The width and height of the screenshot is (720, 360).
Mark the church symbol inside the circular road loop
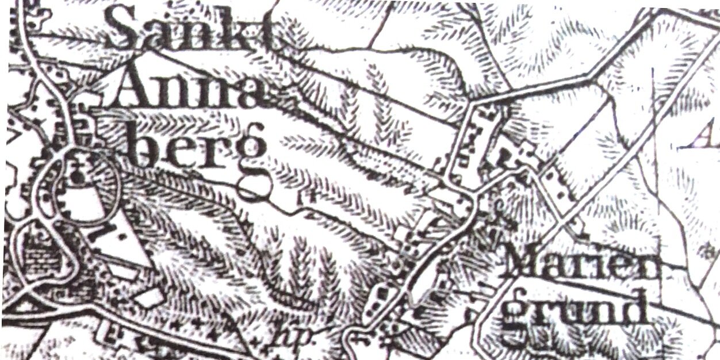[78, 173]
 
